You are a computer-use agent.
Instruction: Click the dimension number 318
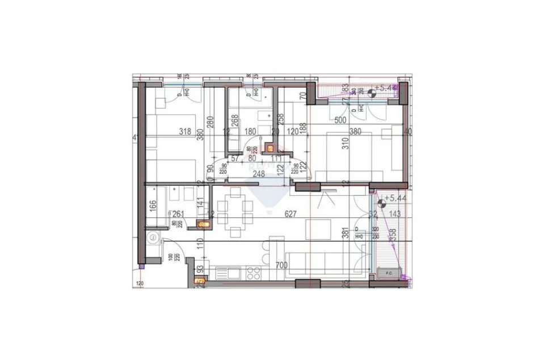point(185,131)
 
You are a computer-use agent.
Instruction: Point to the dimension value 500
point(340,120)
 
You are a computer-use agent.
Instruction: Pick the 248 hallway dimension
point(259,175)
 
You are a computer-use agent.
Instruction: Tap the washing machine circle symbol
point(151,238)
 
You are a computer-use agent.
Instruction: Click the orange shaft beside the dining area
point(201,224)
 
